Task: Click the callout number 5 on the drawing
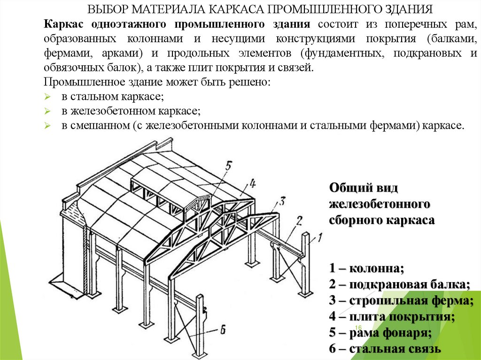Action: (x=228, y=166)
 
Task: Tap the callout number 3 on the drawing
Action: (x=282, y=202)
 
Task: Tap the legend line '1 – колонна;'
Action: (x=366, y=268)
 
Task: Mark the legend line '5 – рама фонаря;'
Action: (x=380, y=333)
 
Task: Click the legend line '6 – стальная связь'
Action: (x=385, y=349)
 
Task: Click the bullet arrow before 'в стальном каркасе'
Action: (x=47, y=97)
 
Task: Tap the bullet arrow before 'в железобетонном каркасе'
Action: (x=47, y=111)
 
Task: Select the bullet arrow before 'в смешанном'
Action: (x=47, y=126)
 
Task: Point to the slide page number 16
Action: (x=358, y=327)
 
